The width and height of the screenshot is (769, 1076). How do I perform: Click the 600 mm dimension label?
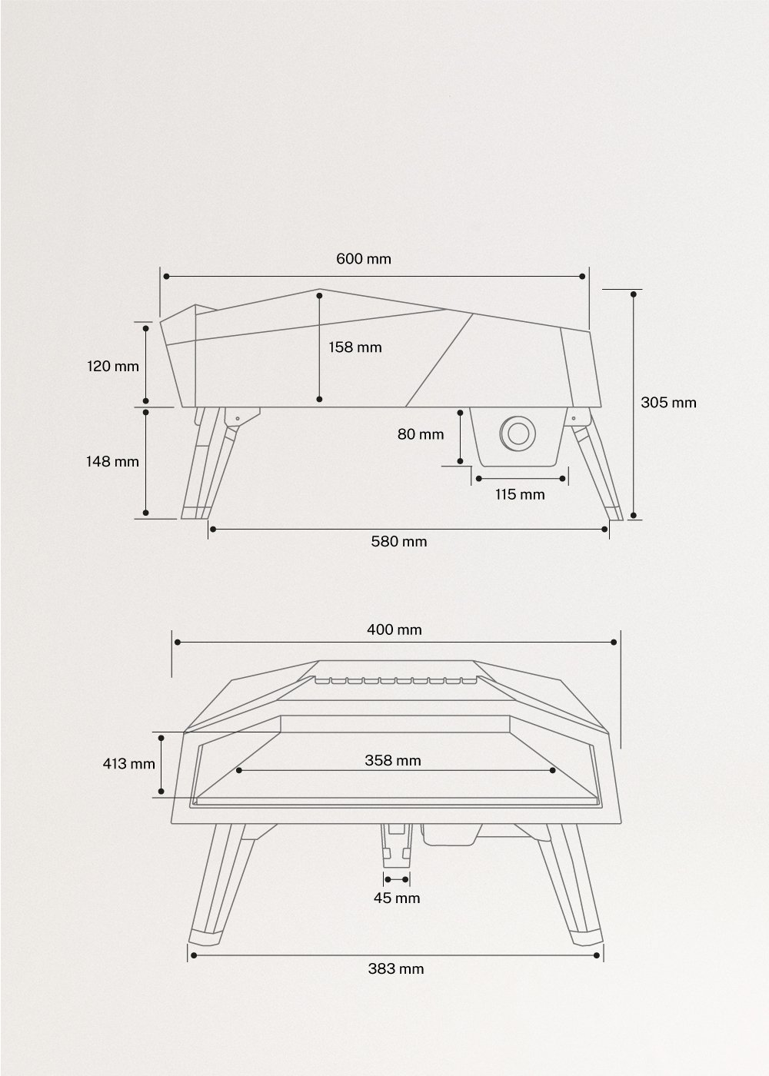tap(363, 258)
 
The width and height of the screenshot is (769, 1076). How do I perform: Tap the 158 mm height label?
tap(355, 347)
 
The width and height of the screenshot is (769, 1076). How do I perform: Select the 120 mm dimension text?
tap(112, 366)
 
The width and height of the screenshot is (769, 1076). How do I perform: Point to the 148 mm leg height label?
tap(112, 461)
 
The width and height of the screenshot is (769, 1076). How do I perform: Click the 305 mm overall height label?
tap(668, 402)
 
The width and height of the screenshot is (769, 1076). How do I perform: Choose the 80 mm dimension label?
tap(421, 434)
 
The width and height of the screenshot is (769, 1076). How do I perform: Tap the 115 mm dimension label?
tap(520, 494)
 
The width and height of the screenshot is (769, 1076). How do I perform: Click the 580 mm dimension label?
tap(398, 541)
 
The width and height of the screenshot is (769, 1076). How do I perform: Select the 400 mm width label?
tap(394, 629)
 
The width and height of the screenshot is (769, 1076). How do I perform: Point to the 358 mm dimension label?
tap(393, 760)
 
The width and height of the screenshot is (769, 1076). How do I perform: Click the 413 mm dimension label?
tap(128, 763)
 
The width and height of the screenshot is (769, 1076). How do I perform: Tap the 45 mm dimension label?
tap(397, 897)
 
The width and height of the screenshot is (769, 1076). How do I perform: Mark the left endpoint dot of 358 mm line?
tap(239, 770)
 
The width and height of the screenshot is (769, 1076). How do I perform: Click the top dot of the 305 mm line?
tap(634, 293)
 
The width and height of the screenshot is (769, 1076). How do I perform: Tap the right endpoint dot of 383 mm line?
tap(598, 955)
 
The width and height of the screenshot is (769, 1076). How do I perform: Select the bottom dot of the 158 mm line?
tap(319, 400)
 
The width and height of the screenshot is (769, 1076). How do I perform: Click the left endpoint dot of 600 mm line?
tap(165, 275)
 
